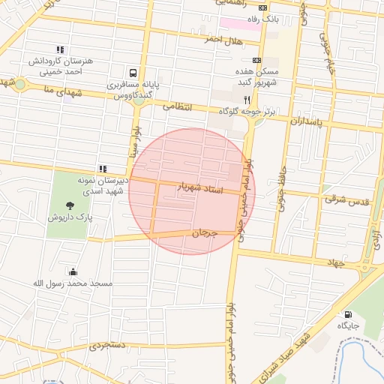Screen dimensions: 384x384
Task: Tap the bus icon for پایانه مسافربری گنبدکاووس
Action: [x=133, y=73]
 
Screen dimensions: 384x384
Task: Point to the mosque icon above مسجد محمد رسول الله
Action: [x=72, y=271]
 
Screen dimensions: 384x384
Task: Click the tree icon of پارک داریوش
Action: [x=70, y=205]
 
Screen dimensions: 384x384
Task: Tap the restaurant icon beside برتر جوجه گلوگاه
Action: [x=245, y=99]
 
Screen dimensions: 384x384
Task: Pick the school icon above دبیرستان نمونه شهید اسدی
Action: [x=102, y=169]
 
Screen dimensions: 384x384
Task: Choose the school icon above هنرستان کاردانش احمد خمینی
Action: [x=60, y=49]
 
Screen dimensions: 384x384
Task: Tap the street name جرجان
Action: [x=204, y=233]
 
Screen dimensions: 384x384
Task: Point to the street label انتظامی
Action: [x=178, y=107]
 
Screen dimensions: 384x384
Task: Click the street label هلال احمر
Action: [x=205, y=40]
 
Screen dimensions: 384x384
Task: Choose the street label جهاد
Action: [x=334, y=263]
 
